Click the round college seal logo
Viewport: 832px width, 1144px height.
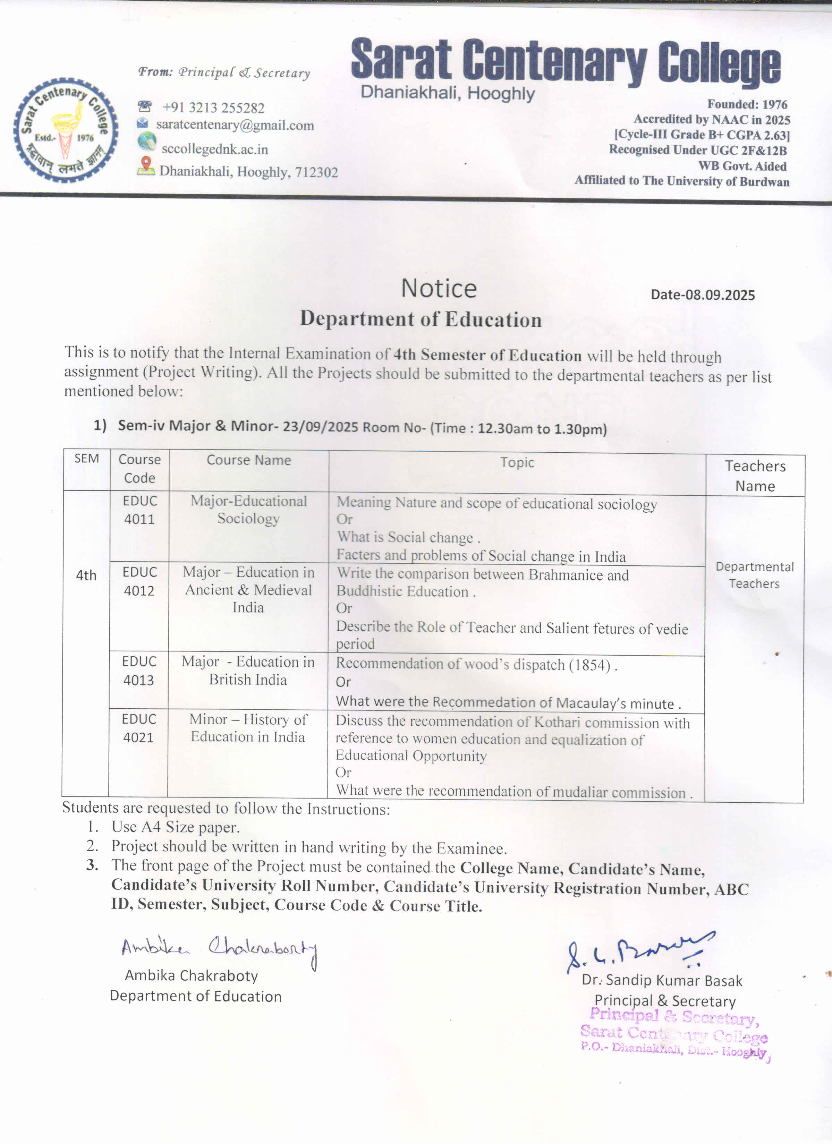click(x=66, y=130)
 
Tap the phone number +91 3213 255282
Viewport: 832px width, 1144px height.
click(x=213, y=108)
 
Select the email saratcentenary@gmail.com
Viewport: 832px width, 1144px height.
click(x=235, y=125)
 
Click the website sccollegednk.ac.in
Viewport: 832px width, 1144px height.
click(x=214, y=149)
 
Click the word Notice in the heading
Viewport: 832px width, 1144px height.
click(x=439, y=289)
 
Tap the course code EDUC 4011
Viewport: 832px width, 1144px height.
click(x=140, y=510)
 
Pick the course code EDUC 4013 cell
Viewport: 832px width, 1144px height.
click(x=139, y=671)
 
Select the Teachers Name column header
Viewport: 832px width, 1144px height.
click(x=755, y=476)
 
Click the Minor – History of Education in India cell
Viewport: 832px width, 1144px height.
click(x=248, y=728)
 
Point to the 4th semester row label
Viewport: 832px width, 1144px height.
click(x=86, y=575)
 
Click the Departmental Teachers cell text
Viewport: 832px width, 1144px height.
click(x=754, y=575)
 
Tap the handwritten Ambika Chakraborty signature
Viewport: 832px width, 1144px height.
click(x=219, y=949)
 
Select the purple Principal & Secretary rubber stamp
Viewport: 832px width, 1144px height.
click(x=674, y=1034)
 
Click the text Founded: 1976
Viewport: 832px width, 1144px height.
click(x=747, y=104)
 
